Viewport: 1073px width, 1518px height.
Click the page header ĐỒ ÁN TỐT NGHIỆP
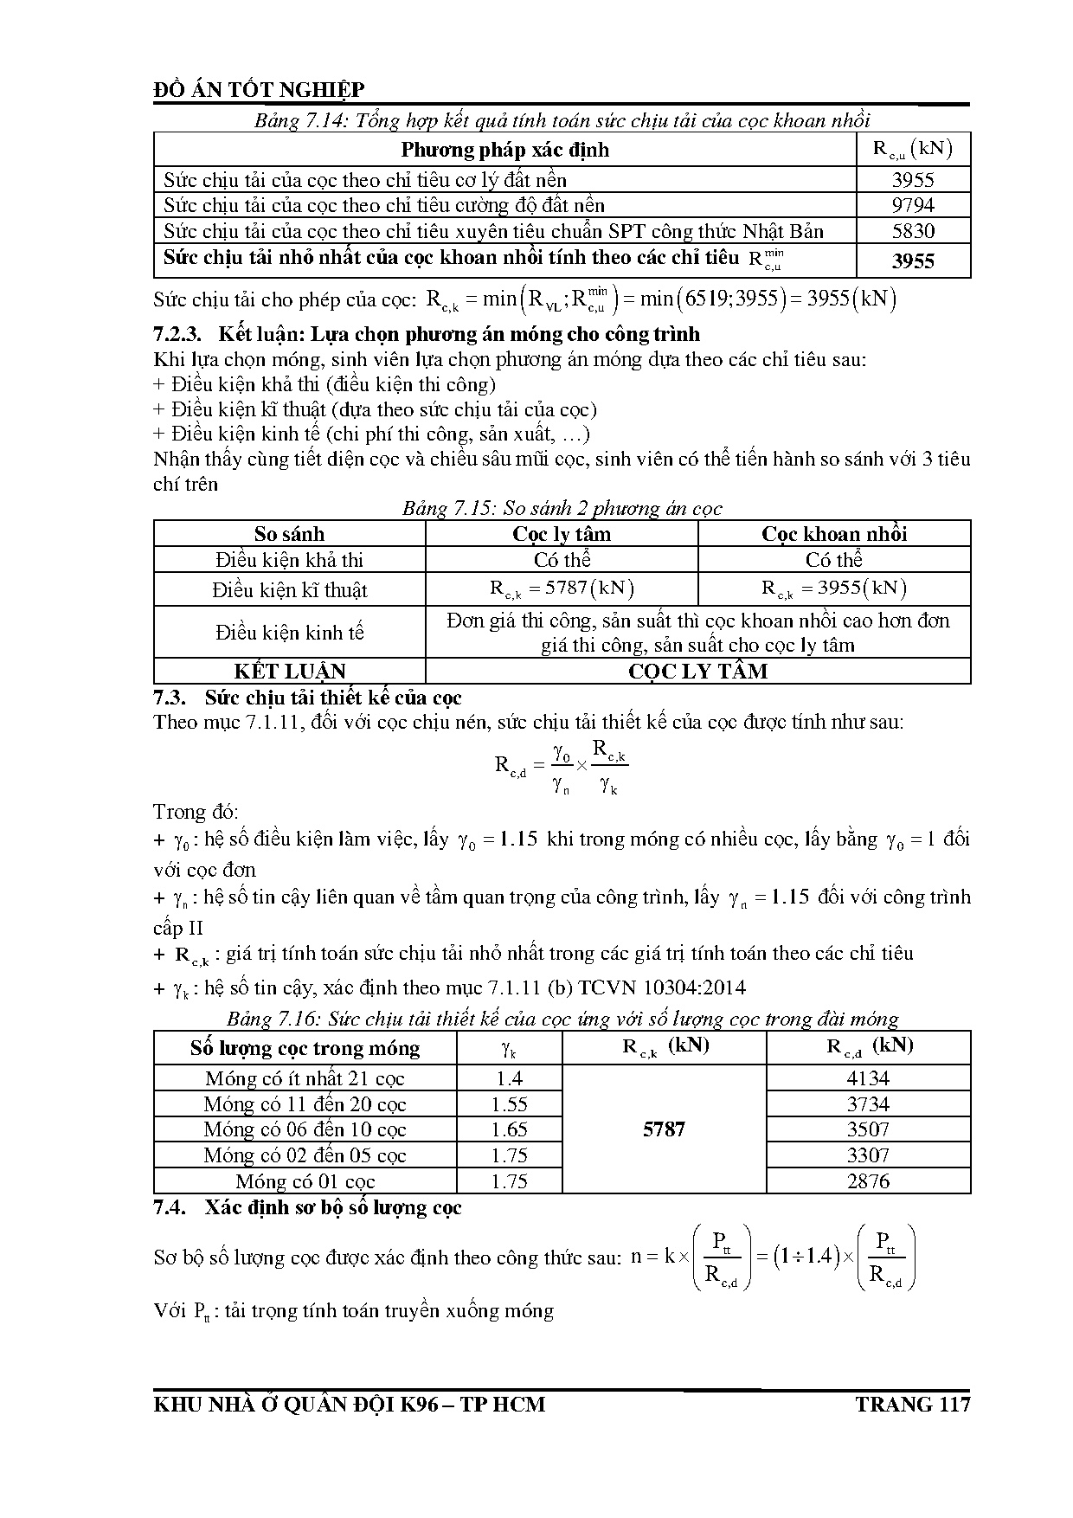click(x=259, y=90)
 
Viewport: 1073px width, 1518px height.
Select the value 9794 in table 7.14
click(x=913, y=205)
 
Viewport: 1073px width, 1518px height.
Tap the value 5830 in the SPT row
click(x=913, y=231)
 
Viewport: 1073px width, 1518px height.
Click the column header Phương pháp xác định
click(x=504, y=150)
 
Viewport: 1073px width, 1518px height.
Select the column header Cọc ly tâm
click(x=562, y=533)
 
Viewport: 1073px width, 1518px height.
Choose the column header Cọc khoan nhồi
click(x=834, y=533)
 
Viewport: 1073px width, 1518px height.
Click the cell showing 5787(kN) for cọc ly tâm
click(x=562, y=589)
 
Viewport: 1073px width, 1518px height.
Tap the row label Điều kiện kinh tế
click(x=289, y=633)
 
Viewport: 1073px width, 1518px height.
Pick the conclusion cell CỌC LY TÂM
click(x=697, y=672)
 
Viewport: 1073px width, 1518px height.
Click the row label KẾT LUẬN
click(x=289, y=672)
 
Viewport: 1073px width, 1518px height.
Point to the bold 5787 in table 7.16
click(x=664, y=1129)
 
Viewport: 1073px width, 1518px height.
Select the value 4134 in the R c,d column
click(x=868, y=1078)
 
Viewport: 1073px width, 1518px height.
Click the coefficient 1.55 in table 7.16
click(x=509, y=1104)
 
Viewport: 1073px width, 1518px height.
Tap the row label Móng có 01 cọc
click(x=305, y=1181)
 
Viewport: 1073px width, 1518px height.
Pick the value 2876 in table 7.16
click(x=868, y=1181)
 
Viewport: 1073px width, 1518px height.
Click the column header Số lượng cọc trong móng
click(x=305, y=1049)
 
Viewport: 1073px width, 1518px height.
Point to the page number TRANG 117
click(x=913, y=1404)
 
